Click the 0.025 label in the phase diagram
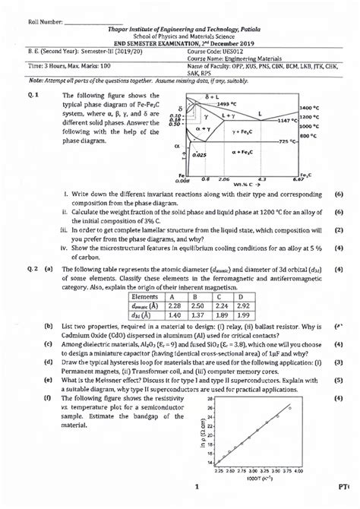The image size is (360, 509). coord(199,154)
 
